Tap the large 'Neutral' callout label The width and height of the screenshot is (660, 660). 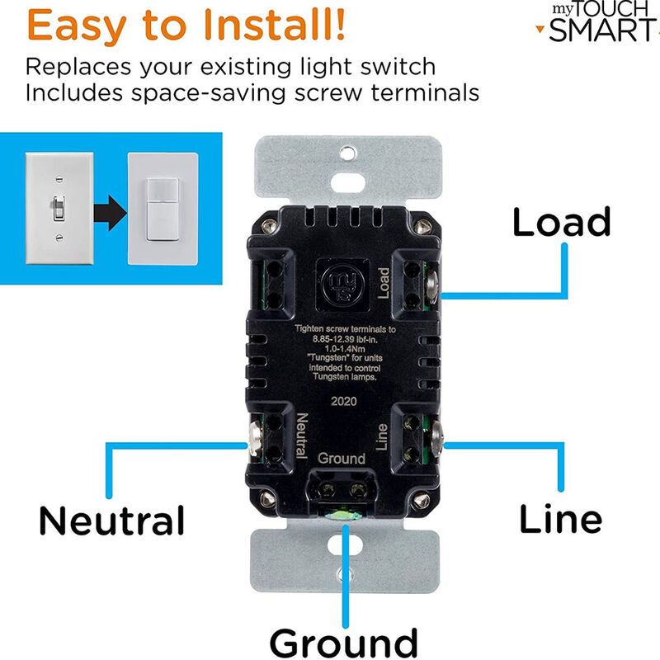tap(111, 521)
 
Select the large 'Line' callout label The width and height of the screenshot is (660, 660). tap(560, 518)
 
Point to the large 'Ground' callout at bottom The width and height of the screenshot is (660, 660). tap(343, 639)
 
